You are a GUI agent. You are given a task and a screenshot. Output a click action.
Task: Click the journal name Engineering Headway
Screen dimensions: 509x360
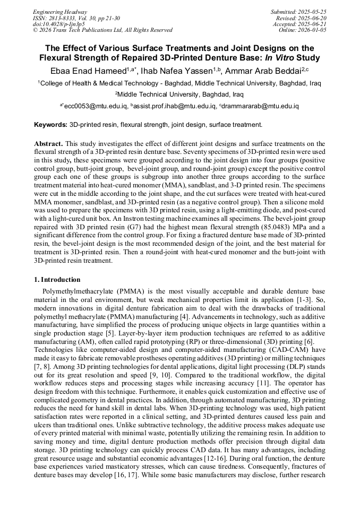coord(60,12)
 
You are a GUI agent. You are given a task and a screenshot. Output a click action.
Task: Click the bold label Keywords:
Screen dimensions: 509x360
coord(50,125)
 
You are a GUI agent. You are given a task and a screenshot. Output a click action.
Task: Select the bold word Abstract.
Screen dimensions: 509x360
coord(49,143)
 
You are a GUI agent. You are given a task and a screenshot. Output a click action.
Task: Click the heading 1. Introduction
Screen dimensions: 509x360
coord(57,280)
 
